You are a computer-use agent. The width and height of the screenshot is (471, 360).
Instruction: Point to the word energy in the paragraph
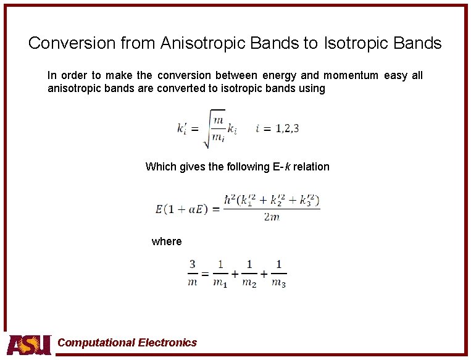279,75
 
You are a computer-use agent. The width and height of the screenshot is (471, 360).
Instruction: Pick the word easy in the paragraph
395,75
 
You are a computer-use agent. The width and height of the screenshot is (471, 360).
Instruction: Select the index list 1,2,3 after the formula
287,129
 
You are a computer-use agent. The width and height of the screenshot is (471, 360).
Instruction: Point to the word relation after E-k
310,167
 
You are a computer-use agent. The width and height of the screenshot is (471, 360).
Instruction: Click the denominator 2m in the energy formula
272,217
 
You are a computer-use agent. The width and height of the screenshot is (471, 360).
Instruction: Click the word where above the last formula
167,241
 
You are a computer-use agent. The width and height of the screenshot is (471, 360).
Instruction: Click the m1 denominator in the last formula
220,282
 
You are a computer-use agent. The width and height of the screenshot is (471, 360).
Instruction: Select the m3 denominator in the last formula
278,282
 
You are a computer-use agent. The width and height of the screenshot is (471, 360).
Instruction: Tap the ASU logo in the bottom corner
29,345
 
